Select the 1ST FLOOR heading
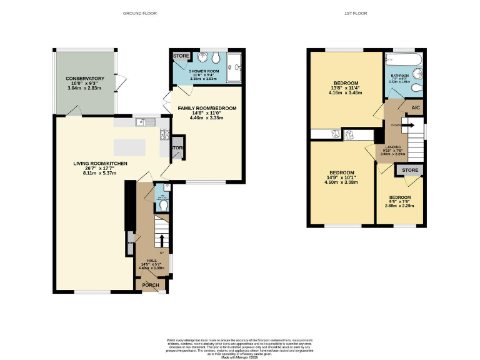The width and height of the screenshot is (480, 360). pos(356,13)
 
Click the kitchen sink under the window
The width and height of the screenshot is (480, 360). pos(143,122)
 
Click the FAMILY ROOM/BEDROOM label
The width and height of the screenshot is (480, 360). pos(207,109)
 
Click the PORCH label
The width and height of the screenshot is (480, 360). pos(151,286)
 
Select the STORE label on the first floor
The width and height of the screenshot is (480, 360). pos(410,170)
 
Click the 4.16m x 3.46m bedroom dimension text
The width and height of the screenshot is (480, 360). pos(345,92)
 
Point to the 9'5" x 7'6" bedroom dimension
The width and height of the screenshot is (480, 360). pos(399,201)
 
